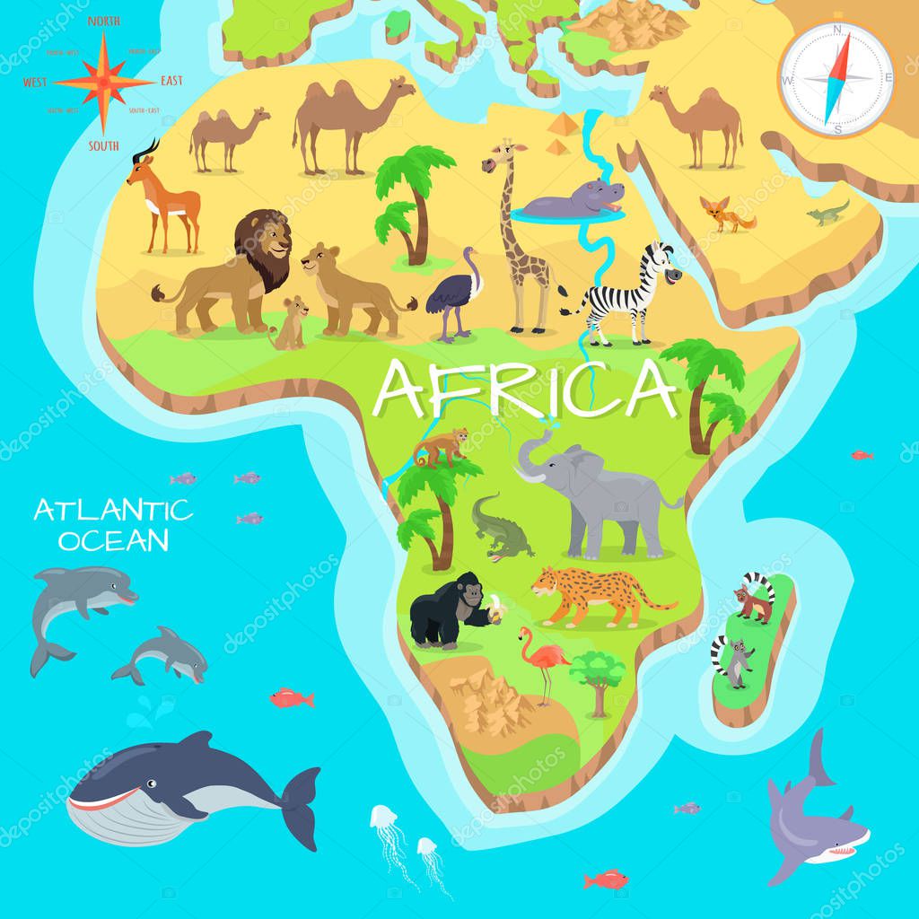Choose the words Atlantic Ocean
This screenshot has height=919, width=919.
(x=112, y=525)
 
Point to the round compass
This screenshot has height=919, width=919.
(x=836, y=78)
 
